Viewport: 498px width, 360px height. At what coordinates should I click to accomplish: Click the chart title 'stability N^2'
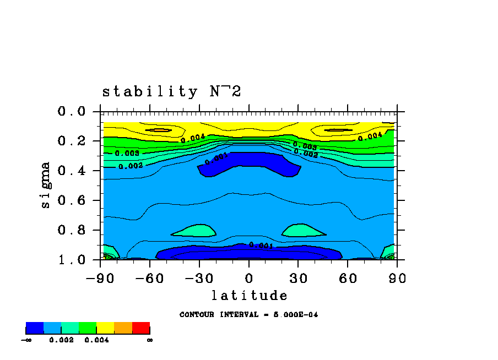(x=171, y=91)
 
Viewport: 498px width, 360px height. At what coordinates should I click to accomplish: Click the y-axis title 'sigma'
(x=45, y=185)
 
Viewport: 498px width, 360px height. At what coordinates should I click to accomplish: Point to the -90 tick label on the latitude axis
(x=100, y=278)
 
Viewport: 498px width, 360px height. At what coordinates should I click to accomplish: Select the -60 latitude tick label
(x=149, y=278)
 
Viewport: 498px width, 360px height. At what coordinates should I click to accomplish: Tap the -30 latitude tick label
(x=199, y=278)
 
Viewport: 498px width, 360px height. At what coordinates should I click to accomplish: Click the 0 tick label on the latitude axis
(x=249, y=278)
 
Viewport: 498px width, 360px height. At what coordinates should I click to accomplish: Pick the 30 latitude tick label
(x=299, y=278)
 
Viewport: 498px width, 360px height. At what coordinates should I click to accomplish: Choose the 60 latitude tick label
(x=348, y=278)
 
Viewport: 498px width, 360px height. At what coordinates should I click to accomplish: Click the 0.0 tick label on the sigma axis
(x=72, y=112)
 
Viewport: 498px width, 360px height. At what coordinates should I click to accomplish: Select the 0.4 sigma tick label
(x=72, y=171)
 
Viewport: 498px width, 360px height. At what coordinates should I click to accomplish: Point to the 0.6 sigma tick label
(x=72, y=200)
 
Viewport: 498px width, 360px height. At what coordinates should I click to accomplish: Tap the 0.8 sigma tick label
(x=72, y=230)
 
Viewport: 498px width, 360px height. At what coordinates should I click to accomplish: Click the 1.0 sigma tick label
(x=72, y=259)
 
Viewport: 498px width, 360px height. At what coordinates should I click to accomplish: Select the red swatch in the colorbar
(x=141, y=329)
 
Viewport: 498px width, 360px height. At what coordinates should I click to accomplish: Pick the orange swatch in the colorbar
(x=123, y=329)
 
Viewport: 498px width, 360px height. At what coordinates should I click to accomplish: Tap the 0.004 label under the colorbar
(x=96, y=340)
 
